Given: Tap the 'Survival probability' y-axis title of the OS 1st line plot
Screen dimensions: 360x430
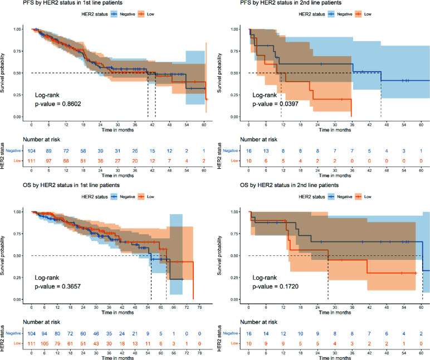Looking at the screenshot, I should (4, 255).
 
